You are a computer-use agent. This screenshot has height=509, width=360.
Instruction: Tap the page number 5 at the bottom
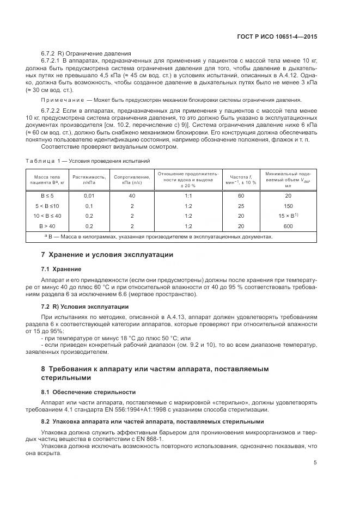pyautogui.click(x=315, y=463)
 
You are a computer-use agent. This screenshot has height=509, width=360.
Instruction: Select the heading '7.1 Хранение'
pyautogui.click(x=61, y=269)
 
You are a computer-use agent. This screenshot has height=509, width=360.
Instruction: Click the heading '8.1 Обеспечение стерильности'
pyautogui.click(x=89, y=391)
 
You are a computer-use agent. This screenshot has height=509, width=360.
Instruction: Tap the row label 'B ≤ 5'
pyautogui.click(x=48, y=195)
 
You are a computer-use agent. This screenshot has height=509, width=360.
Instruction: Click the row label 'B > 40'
pyautogui.click(x=48, y=225)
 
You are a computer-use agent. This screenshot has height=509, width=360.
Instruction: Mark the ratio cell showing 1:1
pyautogui.click(x=188, y=195)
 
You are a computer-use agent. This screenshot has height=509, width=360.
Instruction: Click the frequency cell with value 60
pyautogui.click(x=241, y=195)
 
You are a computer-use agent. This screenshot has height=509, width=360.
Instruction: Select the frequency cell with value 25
pyautogui.click(x=241, y=205)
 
